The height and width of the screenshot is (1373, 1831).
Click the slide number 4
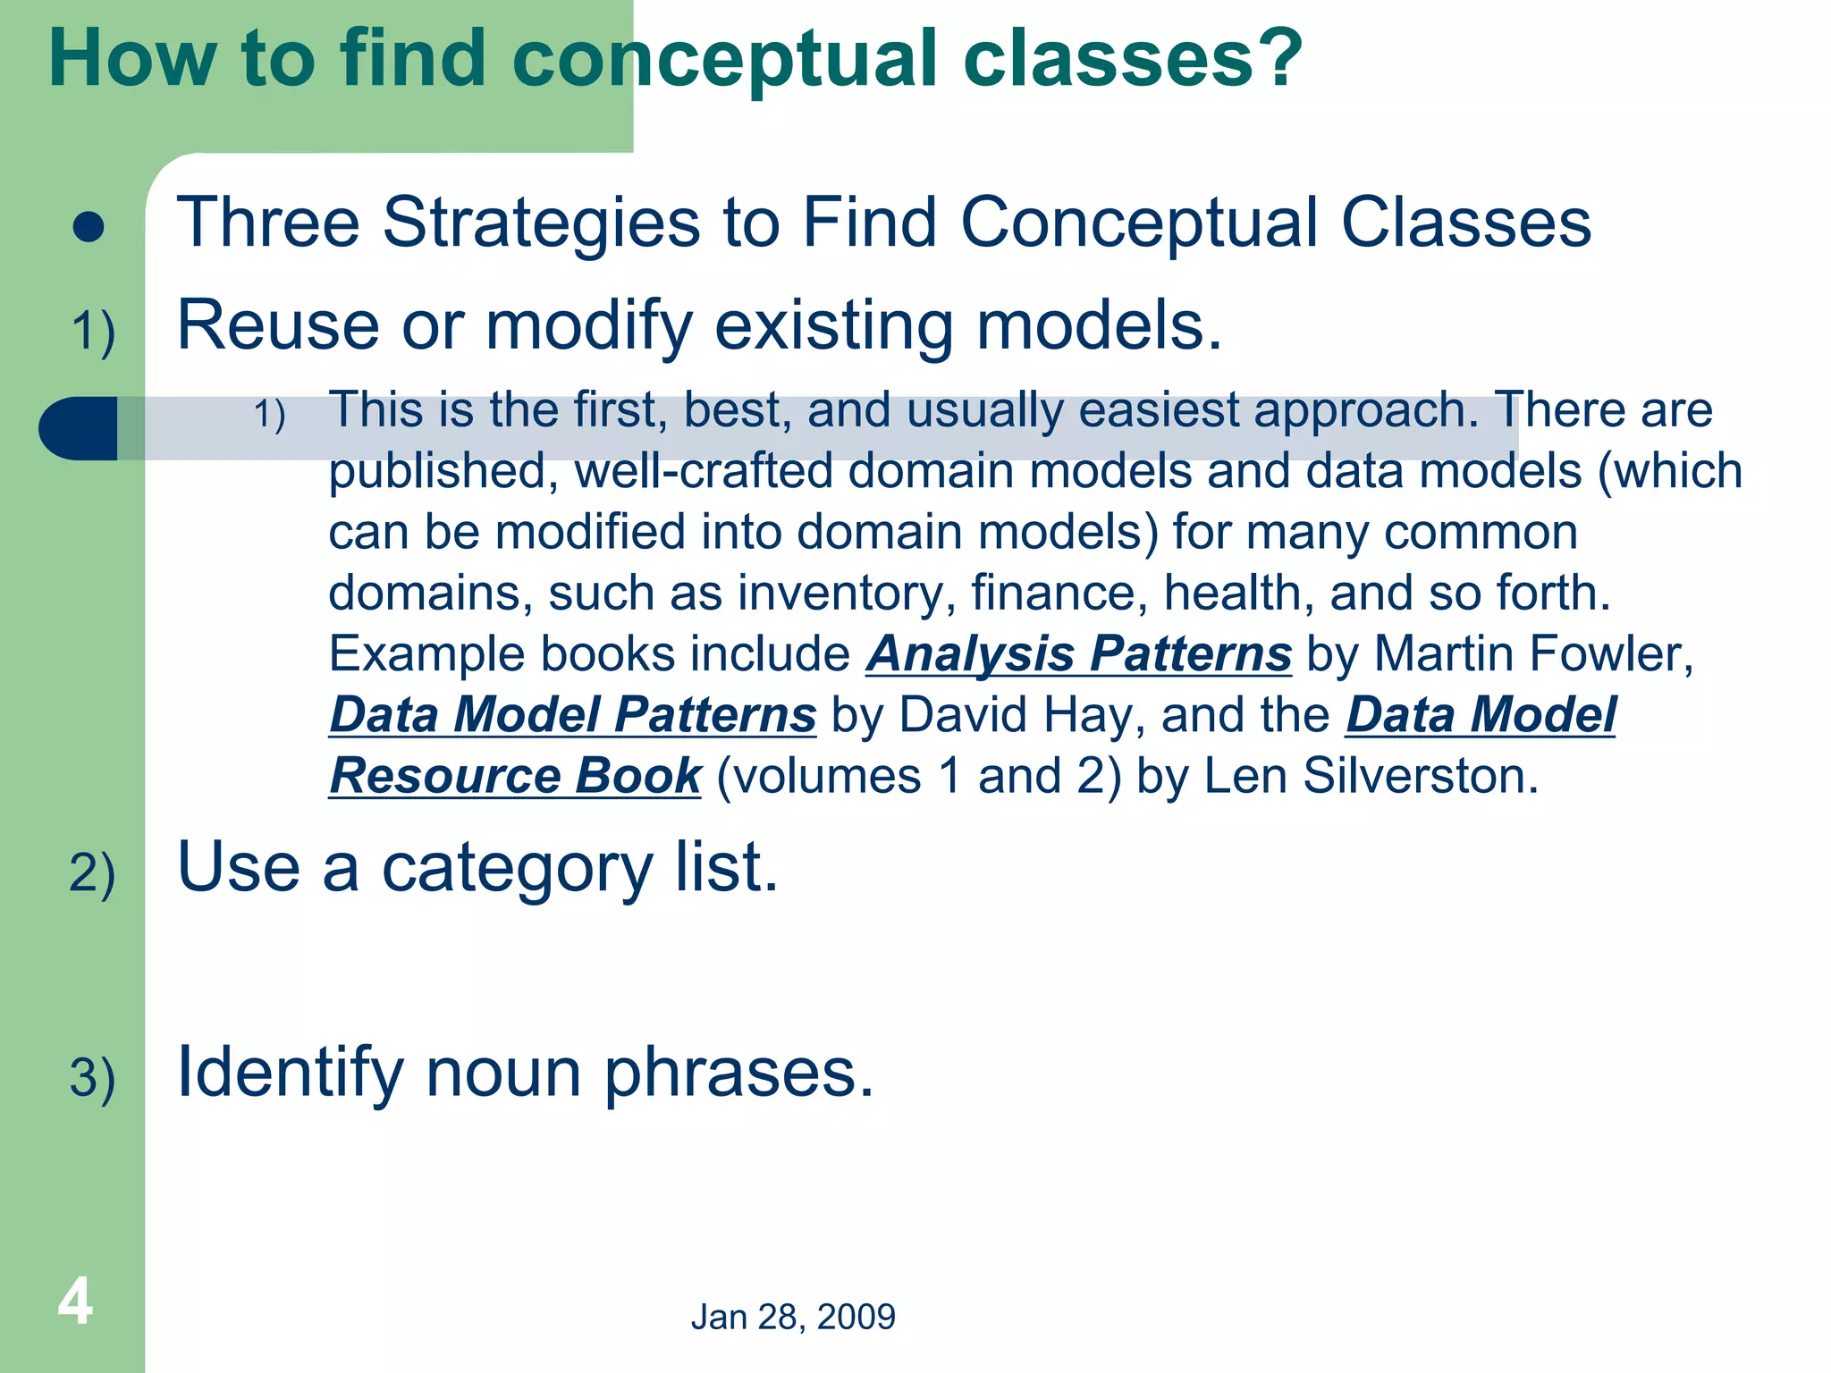click(x=75, y=1301)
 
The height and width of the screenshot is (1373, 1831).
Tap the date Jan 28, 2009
click(x=793, y=1317)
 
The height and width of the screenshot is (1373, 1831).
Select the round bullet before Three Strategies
click(x=89, y=227)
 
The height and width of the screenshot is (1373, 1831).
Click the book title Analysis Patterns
click(x=1079, y=653)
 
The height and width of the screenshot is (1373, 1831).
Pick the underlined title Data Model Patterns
click(x=572, y=714)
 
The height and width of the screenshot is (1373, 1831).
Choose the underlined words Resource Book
click(x=515, y=775)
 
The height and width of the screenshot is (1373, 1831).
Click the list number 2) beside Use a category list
click(x=92, y=873)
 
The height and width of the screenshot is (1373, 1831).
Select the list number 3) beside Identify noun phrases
click(x=92, y=1077)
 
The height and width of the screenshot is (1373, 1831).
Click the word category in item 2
click(x=517, y=869)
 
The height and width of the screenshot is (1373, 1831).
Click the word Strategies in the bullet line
click(x=541, y=223)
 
